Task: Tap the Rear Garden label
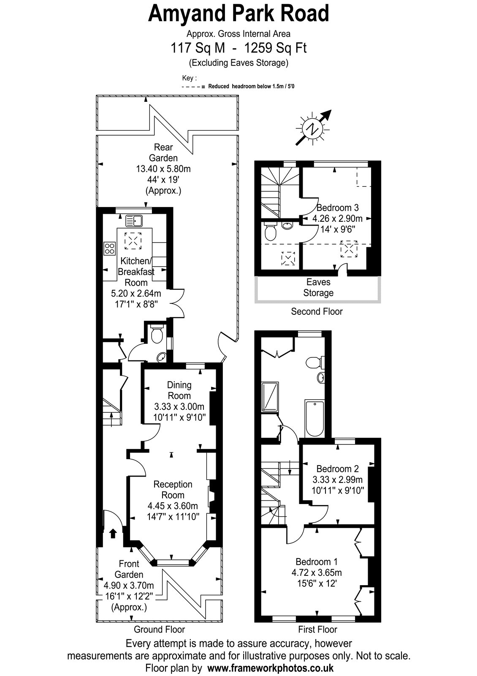163,153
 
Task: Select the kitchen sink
134,221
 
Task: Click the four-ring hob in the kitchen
109,248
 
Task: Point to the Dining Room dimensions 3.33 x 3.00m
179,406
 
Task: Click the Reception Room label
173,490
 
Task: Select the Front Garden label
129,569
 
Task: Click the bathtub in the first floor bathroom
315,418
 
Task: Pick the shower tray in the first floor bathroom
270,397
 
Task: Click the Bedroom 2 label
337,469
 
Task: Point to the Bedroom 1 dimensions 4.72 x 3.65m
317,572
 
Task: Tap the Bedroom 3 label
337,207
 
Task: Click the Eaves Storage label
318,287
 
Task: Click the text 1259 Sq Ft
275,48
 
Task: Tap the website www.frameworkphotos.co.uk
271,668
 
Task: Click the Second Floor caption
317,311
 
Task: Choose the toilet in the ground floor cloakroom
157,334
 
